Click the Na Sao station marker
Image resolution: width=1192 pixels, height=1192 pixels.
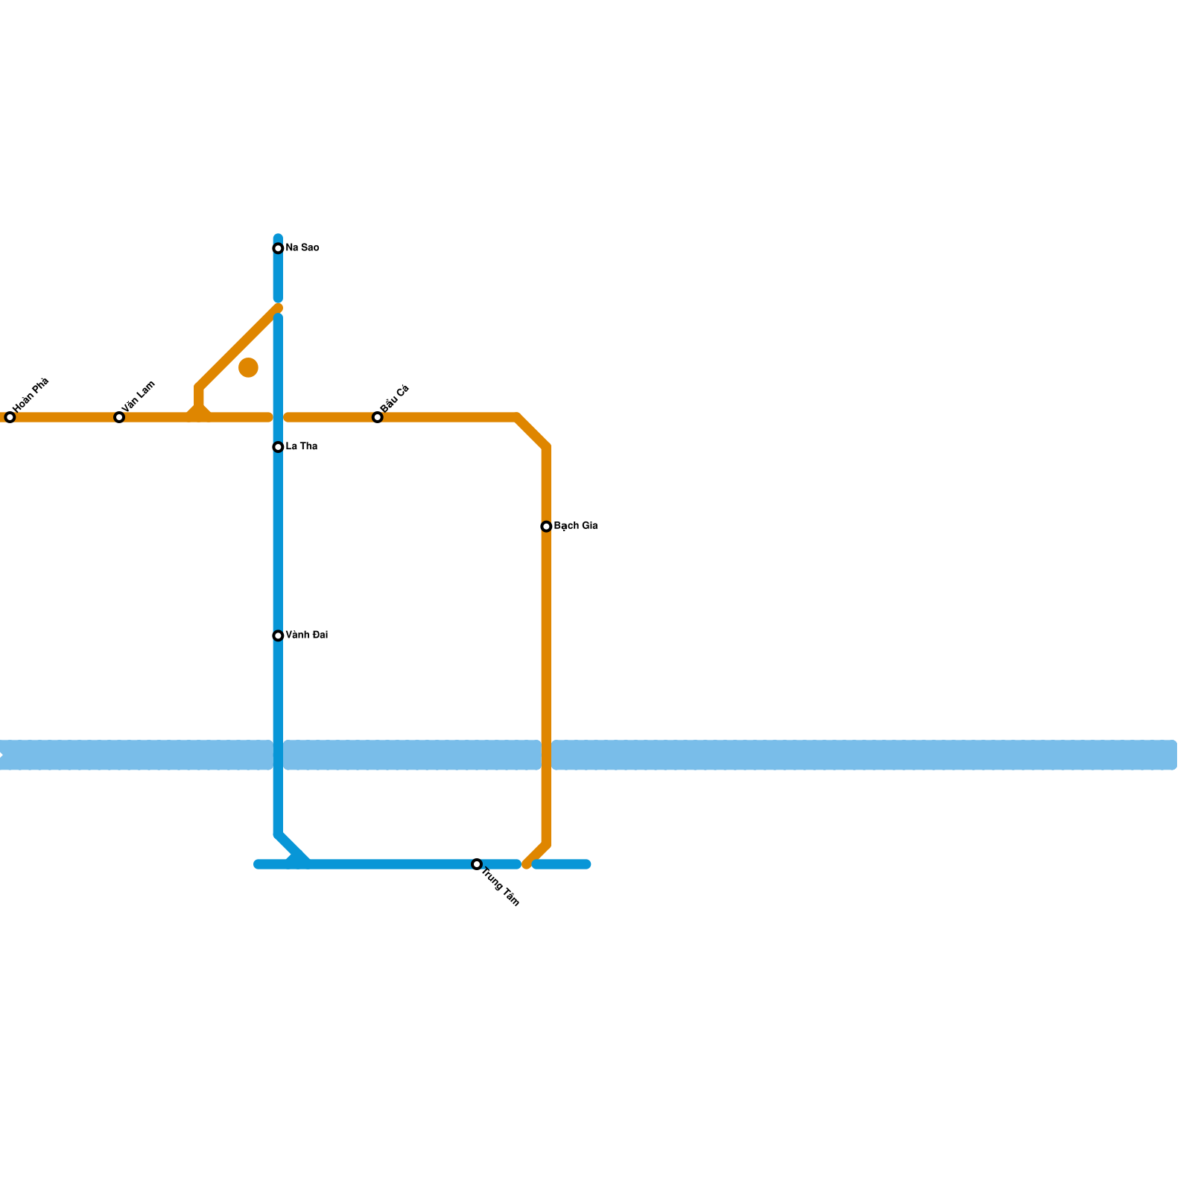pos(278,248)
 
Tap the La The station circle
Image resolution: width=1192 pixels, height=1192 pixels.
pos(278,447)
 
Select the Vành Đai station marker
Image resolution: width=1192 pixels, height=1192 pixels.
pos(278,635)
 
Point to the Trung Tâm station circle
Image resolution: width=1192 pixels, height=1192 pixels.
pos(477,864)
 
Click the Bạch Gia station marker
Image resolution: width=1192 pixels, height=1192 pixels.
pos(546,527)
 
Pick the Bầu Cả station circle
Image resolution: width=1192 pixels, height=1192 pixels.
pos(378,417)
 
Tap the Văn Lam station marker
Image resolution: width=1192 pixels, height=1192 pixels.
pos(119,417)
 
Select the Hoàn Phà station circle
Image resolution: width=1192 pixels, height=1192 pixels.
pos(10,417)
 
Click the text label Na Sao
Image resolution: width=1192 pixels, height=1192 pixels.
pos(302,248)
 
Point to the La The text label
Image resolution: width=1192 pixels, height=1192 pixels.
pos(302,447)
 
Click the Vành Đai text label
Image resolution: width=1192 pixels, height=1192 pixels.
pos(307,635)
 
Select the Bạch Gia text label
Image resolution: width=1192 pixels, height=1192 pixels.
pos(576,526)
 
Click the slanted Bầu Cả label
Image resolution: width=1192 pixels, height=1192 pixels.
pos(395,399)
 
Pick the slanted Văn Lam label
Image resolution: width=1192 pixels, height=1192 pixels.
pos(139,396)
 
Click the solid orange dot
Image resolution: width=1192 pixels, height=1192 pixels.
pos(248,367)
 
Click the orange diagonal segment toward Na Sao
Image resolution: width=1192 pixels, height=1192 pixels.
pos(238,347)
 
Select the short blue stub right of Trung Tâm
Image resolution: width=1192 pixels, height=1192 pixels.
pos(562,864)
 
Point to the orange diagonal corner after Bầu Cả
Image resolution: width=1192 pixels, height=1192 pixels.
pos(532,432)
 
